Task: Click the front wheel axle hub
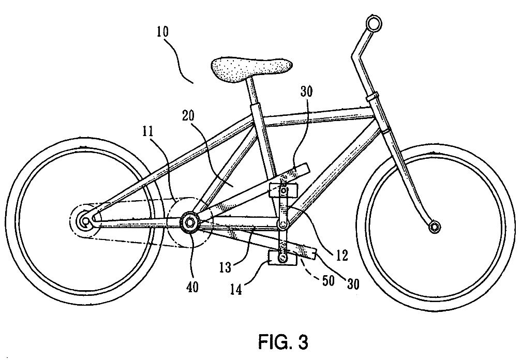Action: (434, 226)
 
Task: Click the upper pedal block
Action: (284, 190)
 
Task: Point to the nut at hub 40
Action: (189, 222)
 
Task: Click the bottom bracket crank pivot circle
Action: (282, 225)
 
